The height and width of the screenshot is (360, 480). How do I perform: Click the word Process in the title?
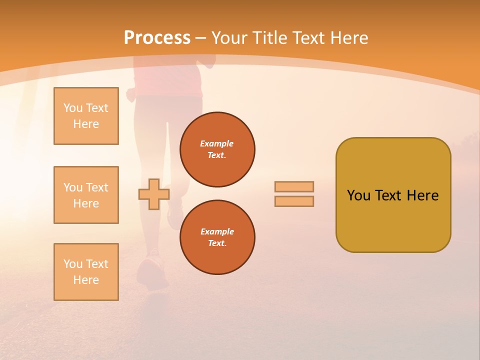pos(157,38)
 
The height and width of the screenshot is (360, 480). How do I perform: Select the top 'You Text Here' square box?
pos(86,116)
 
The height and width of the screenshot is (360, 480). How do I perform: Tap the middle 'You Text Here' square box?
pos(86,195)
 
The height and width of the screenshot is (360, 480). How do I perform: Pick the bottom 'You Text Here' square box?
pos(86,272)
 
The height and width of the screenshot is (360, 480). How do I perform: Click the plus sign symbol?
pos(153,194)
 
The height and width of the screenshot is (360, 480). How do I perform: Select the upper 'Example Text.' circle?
pos(217,149)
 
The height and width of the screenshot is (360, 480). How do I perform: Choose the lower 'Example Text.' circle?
pos(217,237)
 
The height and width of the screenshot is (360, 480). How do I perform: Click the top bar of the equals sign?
pos(294,186)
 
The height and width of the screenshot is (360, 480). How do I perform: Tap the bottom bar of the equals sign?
pos(294,201)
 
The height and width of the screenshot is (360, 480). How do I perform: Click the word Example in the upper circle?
pos(217,143)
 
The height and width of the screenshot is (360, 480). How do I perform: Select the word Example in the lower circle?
pos(217,231)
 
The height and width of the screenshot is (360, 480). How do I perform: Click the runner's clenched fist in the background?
pos(131,94)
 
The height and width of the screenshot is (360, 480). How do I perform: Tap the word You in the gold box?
pos(358,195)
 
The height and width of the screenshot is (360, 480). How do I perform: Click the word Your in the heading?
pos(229,38)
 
